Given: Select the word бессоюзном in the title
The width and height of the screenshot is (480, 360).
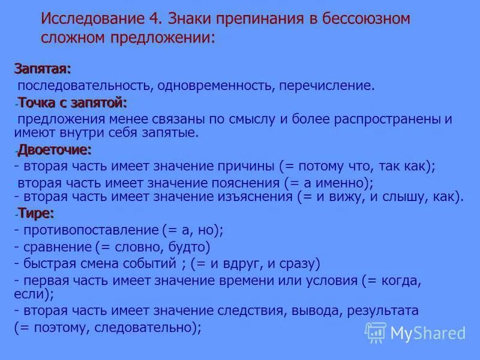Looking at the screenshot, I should pyautogui.click(x=361, y=18).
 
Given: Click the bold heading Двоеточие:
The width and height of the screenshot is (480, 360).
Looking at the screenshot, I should pyautogui.click(x=55, y=148).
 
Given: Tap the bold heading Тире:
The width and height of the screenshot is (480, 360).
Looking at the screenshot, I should pyautogui.click(x=36, y=212).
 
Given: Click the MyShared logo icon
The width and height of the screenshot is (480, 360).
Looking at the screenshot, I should pyautogui.click(x=376, y=332).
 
